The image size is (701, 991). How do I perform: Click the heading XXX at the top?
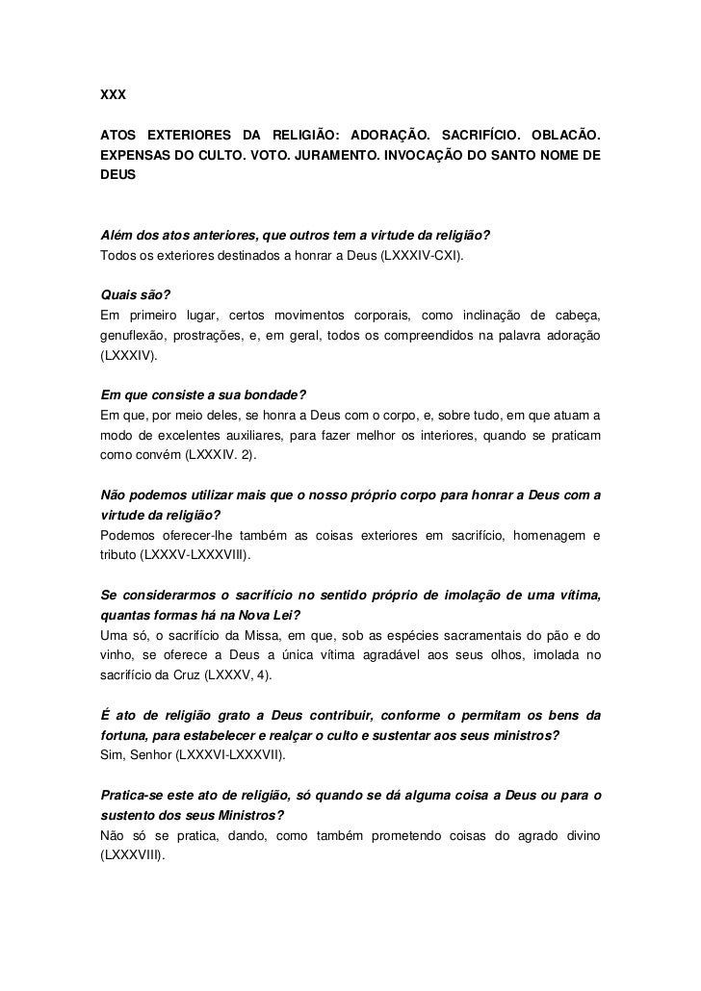[114, 97]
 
